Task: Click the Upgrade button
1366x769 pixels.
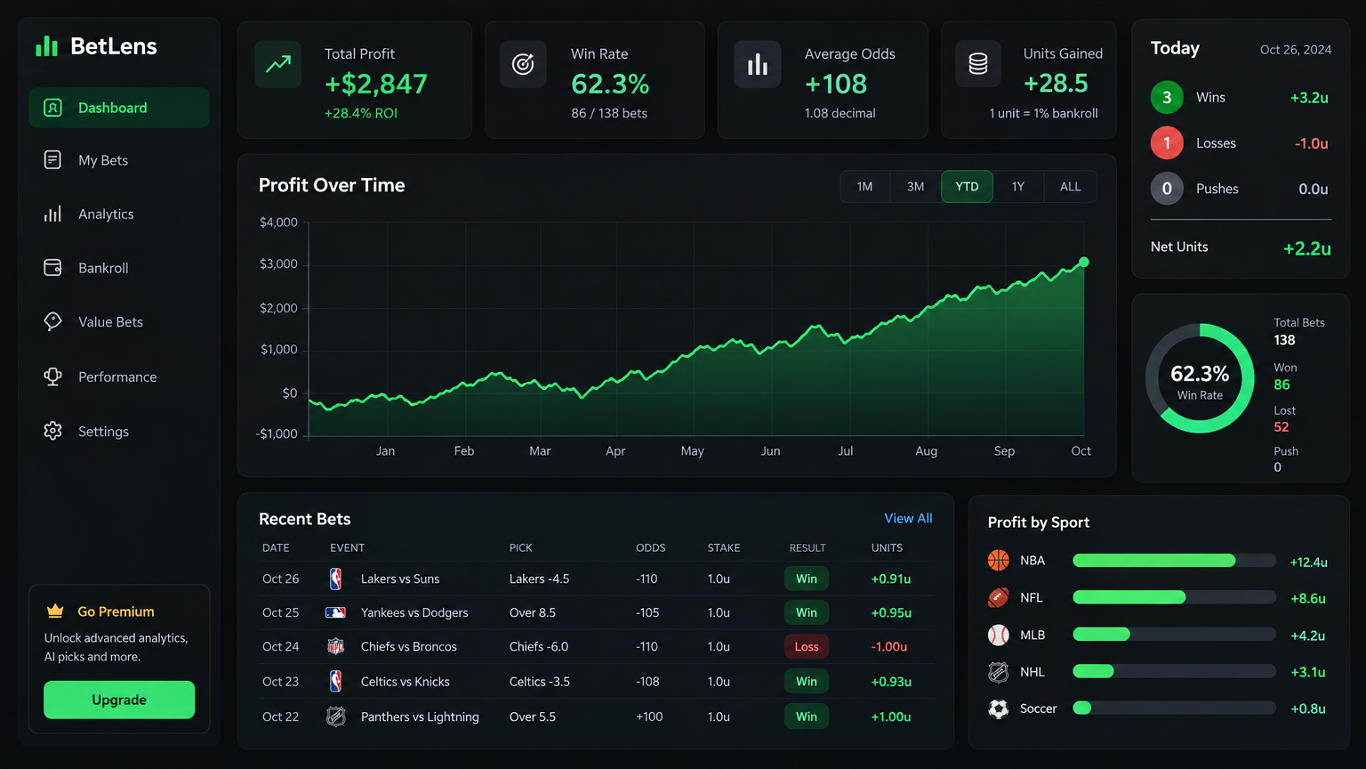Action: pos(119,700)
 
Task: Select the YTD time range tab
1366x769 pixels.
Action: pos(967,187)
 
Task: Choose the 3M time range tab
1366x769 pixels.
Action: pos(915,187)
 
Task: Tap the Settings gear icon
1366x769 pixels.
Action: pos(53,431)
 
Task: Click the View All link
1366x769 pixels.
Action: pos(908,518)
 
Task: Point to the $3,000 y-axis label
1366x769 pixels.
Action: pos(278,264)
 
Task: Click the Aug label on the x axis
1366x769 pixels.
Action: pos(926,451)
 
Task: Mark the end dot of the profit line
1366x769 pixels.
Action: pos(1084,262)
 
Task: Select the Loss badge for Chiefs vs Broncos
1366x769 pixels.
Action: pos(807,646)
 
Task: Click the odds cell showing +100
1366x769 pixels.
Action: pos(649,716)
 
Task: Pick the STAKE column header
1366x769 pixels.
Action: pos(724,548)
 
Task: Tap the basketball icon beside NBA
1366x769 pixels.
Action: pos(999,560)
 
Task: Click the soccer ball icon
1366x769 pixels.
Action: pos(999,708)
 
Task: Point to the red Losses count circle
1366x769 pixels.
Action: pos(1167,142)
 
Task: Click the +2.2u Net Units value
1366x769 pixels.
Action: pos(1306,248)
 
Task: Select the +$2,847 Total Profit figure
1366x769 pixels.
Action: pos(375,85)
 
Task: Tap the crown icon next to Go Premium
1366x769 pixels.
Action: pos(55,611)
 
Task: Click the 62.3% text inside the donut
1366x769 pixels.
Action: pos(1200,374)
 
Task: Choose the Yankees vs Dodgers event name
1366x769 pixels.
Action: pos(414,612)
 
